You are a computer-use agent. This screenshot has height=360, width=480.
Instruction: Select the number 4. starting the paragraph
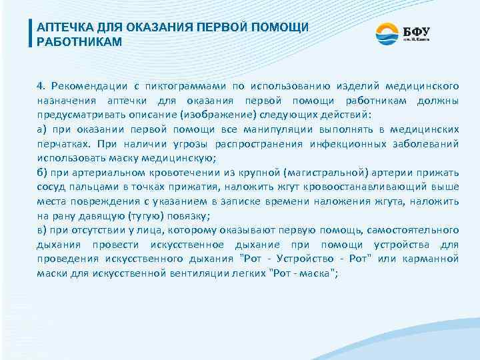click(x=41, y=86)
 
